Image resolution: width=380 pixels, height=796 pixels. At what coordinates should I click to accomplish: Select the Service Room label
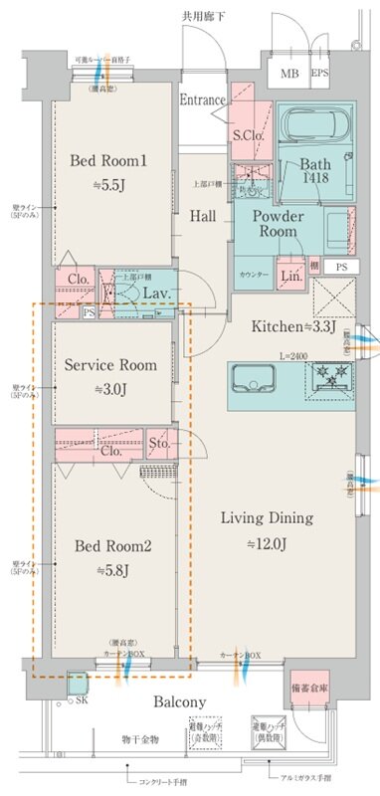click(x=110, y=365)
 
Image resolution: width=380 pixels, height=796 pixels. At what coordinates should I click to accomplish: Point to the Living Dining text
click(x=267, y=517)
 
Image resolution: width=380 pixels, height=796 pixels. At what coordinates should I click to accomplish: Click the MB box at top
click(x=288, y=74)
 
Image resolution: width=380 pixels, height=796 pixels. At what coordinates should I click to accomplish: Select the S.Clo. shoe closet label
click(x=247, y=134)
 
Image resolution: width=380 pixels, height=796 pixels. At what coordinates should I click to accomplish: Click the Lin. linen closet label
click(x=290, y=276)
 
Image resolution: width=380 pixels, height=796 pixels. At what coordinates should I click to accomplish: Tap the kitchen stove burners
click(x=329, y=376)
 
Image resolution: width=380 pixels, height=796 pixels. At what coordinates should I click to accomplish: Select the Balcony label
click(x=179, y=701)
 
